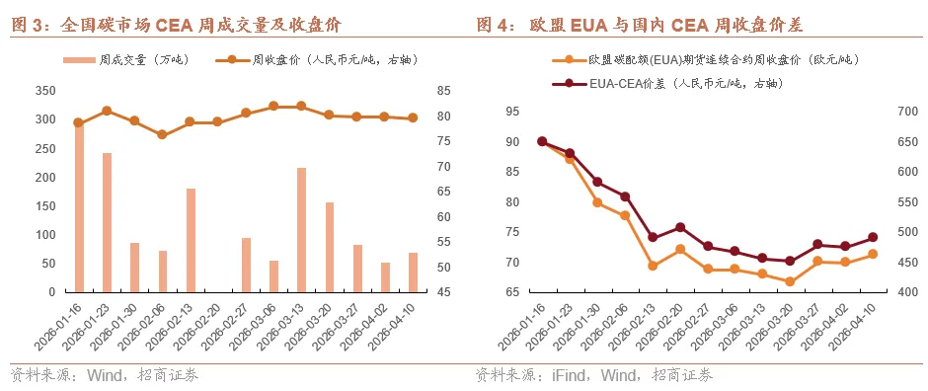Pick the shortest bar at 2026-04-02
[385, 277]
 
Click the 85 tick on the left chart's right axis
[441, 91]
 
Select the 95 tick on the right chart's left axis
[511, 112]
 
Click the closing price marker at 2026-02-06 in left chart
[162, 134]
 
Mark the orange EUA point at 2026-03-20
[789, 281]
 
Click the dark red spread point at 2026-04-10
[873, 237]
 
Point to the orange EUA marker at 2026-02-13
[653, 266]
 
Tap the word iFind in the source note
[559, 375]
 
